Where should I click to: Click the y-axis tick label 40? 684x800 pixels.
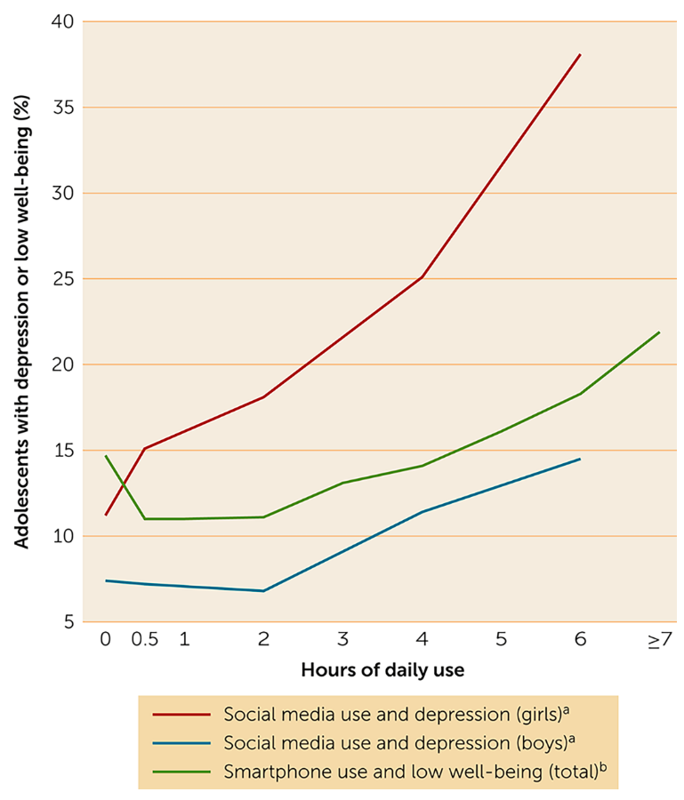tap(62, 21)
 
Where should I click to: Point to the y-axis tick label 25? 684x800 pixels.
tap(62, 278)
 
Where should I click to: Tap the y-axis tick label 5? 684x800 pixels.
tap(68, 621)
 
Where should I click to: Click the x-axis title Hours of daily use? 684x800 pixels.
tap(382, 669)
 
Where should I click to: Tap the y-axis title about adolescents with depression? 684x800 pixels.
tap(21, 321)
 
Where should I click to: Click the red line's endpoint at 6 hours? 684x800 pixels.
tap(580, 54)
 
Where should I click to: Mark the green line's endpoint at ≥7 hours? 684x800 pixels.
tap(659, 332)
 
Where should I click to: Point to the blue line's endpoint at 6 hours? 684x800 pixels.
tap(580, 459)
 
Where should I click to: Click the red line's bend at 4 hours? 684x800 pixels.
tap(422, 276)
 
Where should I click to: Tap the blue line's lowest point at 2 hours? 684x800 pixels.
tap(263, 590)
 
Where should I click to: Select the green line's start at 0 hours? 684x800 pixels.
tap(106, 456)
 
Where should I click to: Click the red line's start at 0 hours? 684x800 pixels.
tap(106, 515)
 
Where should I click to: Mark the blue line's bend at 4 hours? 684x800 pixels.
tap(422, 511)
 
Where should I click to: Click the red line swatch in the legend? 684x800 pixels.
tap(181, 714)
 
